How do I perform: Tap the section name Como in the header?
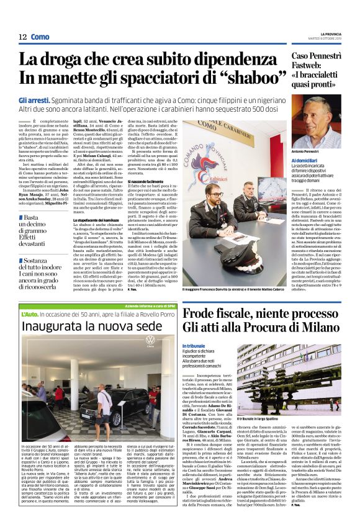tap(40, 38)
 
